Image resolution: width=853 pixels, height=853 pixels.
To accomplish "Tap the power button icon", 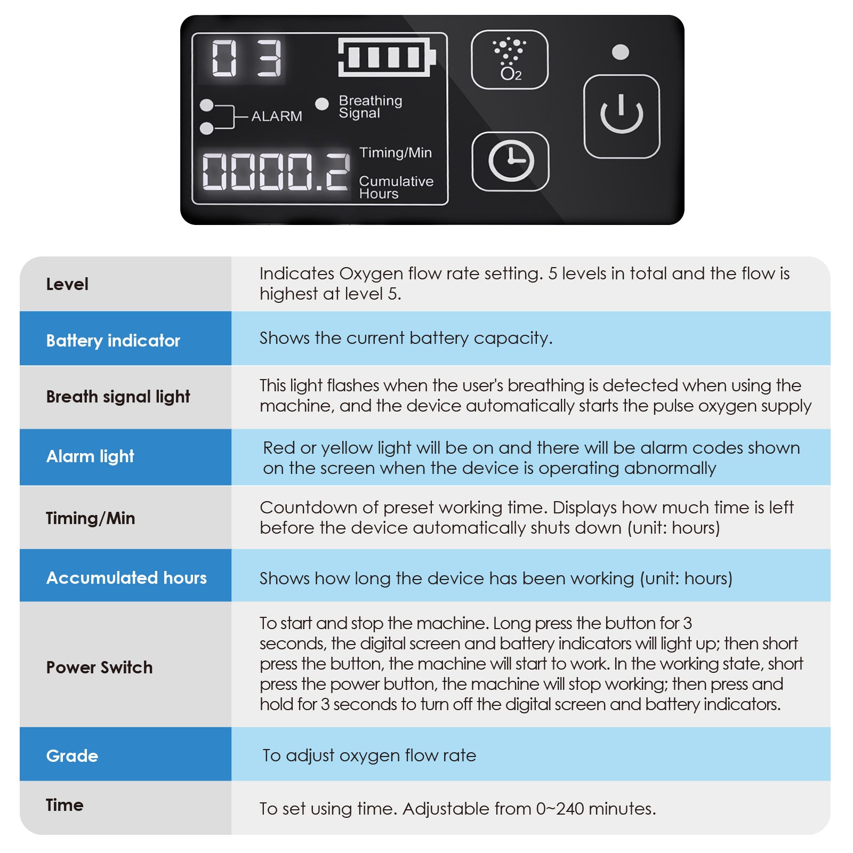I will pyautogui.click(x=622, y=116).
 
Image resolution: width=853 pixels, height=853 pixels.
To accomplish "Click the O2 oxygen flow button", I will pyautogui.click(x=510, y=60).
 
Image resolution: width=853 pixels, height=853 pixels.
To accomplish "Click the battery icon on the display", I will pyautogui.click(x=387, y=57).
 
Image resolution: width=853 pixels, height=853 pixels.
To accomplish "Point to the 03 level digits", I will pyautogui.click(x=246, y=58).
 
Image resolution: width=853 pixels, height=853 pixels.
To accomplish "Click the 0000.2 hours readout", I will pyautogui.click(x=276, y=171).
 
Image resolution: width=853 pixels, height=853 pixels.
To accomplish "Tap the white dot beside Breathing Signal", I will pyautogui.click(x=322, y=104).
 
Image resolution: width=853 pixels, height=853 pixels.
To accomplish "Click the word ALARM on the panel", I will pyautogui.click(x=276, y=116).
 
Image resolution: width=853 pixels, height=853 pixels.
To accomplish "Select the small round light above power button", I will pyautogui.click(x=621, y=52).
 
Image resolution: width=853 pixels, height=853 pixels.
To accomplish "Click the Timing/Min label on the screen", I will pyautogui.click(x=395, y=153).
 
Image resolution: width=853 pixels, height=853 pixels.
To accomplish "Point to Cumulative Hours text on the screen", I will pyautogui.click(x=396, y=187).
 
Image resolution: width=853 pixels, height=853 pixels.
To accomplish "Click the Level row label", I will pyautogui.click(x=67, y=284).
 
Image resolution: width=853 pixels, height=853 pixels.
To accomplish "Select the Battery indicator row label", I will pyautogui.click(x=113, y=341).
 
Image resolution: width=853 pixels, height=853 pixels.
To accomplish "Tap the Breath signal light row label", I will pyautogui.click(x=118, y=397).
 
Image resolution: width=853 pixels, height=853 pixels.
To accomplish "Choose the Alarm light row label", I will pyautogui.click(x=90, y=456).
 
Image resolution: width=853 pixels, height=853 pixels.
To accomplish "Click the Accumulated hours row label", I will pyautogui.click(x=126, y=578).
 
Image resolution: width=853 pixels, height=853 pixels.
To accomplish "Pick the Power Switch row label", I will pyautogui.click(x=99, y=667).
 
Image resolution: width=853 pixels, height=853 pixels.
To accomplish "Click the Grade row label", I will pyautogui.click(x=72, y=756).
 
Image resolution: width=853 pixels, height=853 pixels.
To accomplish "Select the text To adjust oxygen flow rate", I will pyautogui.click(x=369, y=755).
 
